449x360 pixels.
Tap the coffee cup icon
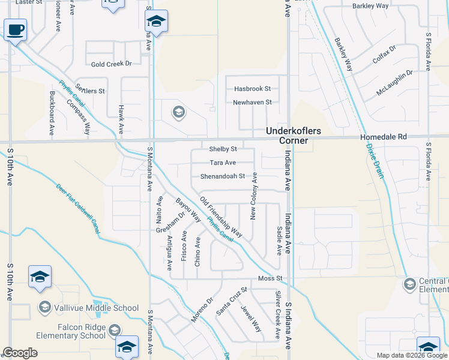15,29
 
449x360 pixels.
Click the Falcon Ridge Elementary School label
74,331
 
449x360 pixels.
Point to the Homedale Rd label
384,137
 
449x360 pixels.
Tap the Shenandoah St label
222,176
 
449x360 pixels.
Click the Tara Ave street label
222,163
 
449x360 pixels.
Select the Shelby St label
223,149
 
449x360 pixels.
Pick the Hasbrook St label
252,89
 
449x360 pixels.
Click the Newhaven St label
252,103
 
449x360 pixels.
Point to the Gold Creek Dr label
111,64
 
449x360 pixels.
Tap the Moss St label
270,279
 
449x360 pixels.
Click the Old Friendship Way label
221,217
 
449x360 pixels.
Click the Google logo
20,353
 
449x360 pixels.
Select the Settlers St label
90,91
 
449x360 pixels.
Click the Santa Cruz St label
232,301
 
